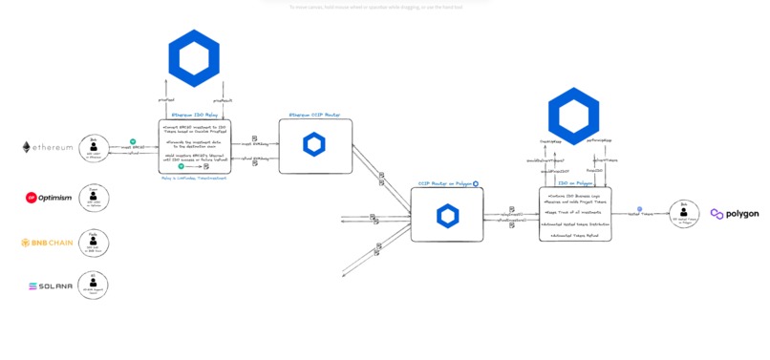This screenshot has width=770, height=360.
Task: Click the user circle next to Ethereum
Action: click(94, 147)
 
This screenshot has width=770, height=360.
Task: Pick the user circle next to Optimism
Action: click(94, 198)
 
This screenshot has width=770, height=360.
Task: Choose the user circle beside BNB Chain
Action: click(94, 243)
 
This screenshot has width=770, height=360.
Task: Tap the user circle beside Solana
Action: click(94, 285)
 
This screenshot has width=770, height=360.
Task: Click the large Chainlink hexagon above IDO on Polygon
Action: click(573, 115)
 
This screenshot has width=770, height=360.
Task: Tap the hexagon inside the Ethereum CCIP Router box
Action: click(314, 145)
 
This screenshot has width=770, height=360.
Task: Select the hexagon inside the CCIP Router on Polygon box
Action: click(446, 215)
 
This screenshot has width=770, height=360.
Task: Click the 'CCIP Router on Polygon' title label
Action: click(444, 183)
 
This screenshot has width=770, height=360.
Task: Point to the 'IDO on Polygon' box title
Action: click(574, 181)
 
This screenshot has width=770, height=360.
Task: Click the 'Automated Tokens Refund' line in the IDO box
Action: click(573, 235)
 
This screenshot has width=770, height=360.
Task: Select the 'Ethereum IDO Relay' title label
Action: click(194, 116)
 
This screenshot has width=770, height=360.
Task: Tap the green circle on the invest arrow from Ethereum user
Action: click(134, 141)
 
